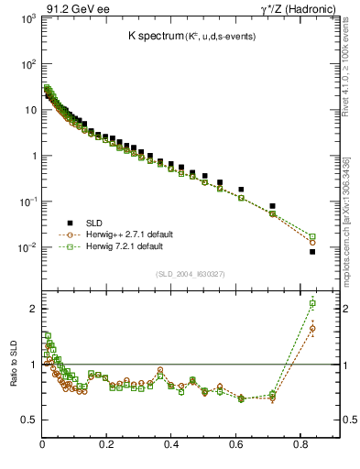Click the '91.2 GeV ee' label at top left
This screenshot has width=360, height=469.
click(72, 8)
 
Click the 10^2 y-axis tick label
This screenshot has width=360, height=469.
click(27, 65)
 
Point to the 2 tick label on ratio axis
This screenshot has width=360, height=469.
click(33, 310)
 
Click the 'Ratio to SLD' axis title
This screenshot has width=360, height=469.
click(13, 365)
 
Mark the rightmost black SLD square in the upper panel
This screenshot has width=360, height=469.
click(312, 252)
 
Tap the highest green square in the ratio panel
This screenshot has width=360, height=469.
click(312, 303)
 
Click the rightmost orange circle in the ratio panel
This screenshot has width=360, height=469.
click(312, 328)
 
